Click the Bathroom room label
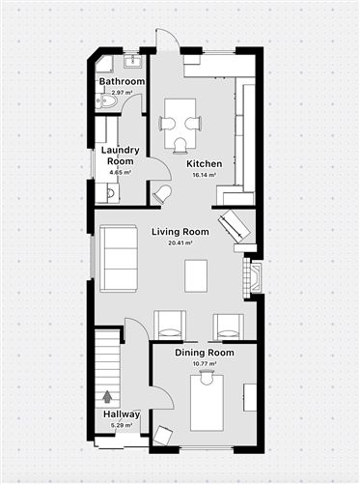(x=122, y=82)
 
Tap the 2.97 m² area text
(x=122, y=92)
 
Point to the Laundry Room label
(x=121, y=156)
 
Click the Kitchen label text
(x=205, y=163)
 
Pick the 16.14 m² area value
(x=205, y=175)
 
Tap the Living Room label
(x=180, y=232)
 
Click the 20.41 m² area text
(x=180, y=243)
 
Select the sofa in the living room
(x=119, y=258)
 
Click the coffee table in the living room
(x=197, y=276)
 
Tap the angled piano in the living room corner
(x=235, y=228)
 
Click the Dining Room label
(x=205, y=354)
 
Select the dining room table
(x=207, y=403)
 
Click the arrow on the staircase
(x=106, y=395)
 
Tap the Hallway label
(x=122, y=414)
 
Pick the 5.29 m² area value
(x=122, y=425)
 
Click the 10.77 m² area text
(x=205, y=365)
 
